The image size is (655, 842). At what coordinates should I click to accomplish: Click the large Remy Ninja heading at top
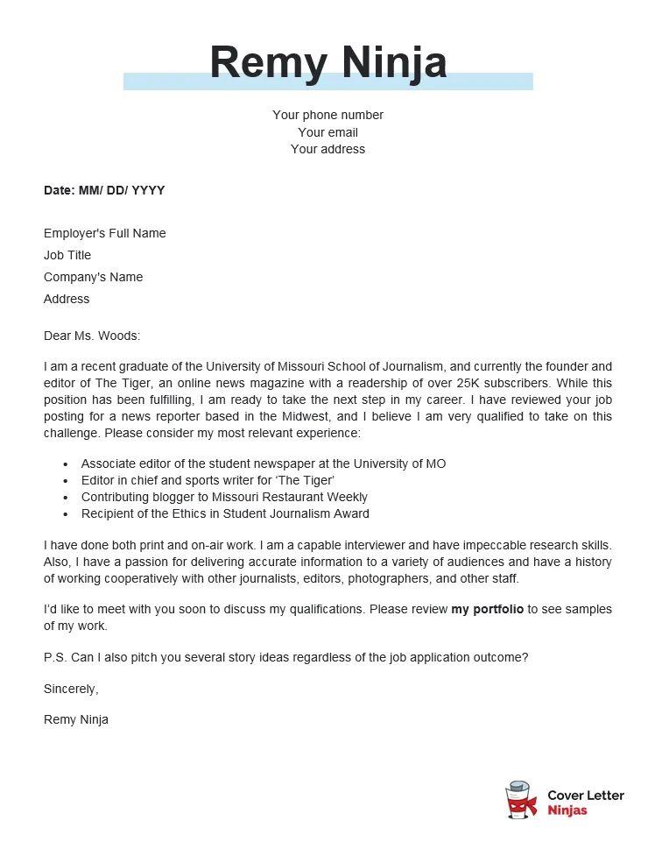pos(327,62)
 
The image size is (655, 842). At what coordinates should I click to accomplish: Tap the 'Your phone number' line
pos(327,115)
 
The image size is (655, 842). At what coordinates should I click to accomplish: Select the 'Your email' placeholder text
pos(327,132)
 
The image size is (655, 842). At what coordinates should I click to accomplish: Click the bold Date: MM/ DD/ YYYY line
pos(104,190)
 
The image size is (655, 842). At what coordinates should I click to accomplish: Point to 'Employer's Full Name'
pos(104,233)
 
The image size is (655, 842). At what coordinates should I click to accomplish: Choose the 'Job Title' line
pos(67,255)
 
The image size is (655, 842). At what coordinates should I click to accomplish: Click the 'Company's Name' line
pos(93,277)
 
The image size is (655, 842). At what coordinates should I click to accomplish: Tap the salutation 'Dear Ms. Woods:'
pos(92,336)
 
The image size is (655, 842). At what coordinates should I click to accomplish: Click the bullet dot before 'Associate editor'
pos(67,464)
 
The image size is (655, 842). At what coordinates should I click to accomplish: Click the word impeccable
pos(496,546)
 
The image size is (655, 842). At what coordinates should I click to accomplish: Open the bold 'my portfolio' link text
pos(487,609)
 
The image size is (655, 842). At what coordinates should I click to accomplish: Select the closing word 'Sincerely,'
pos(71,689)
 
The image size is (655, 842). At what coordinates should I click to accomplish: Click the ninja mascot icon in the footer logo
pos(521,801)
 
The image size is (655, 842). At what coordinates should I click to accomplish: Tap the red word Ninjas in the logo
pos(567,810)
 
